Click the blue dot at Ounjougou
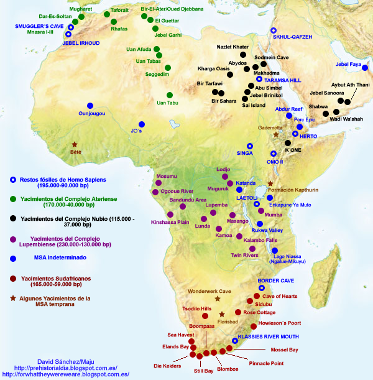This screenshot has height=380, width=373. tap(90, 105)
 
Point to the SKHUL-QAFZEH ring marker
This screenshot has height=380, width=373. tap(274, 30)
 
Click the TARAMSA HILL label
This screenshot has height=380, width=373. tap(282, 81)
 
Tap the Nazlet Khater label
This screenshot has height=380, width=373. tap(233, 47)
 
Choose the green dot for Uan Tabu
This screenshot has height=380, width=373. tap(168, 95)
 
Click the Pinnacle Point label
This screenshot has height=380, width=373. tap(267, 362)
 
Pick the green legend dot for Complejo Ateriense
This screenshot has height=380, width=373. tap(12, 198)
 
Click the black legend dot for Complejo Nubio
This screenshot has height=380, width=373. tap(12, 218)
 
